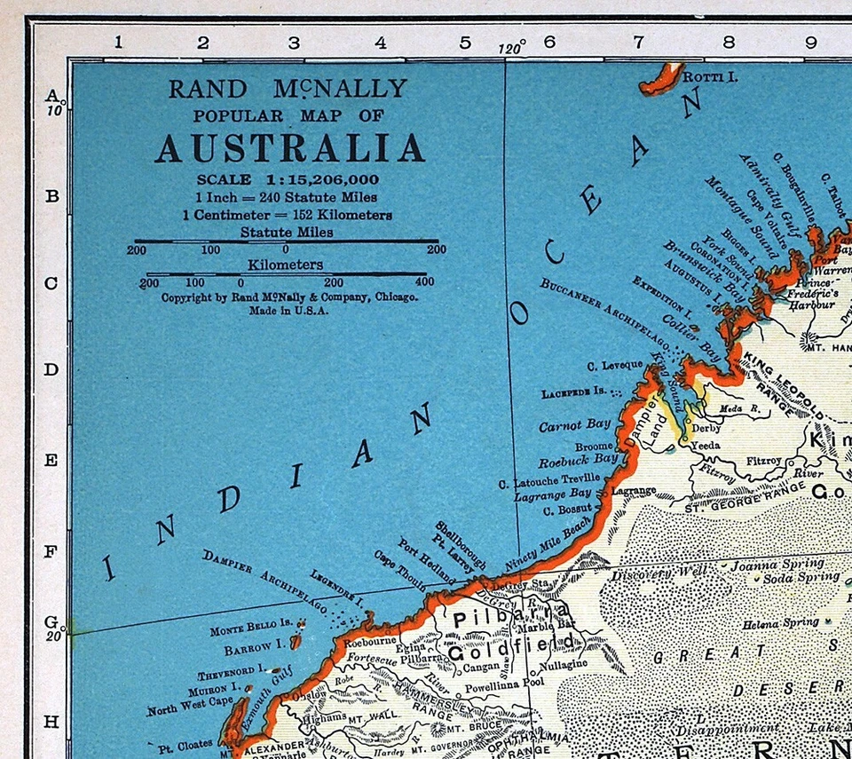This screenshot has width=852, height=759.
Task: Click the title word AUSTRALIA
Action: (x=289, y=147)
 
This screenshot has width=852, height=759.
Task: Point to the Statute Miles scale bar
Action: (x=286, y=241)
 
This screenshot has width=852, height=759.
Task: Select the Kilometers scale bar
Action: (x=286, y=273)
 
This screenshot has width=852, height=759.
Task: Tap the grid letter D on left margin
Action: (x=51, y=369)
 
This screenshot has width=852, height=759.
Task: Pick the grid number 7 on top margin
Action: (x=637, y=42)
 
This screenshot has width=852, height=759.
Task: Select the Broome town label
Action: (x=594, y=446)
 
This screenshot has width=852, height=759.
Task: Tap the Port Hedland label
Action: (x=425, y=561)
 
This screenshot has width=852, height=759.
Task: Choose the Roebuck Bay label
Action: (x=578, y=460)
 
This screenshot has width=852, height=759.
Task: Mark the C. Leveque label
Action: (x=615, y=365)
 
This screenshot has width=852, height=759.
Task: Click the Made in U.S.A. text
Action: (x=289, y=312)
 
